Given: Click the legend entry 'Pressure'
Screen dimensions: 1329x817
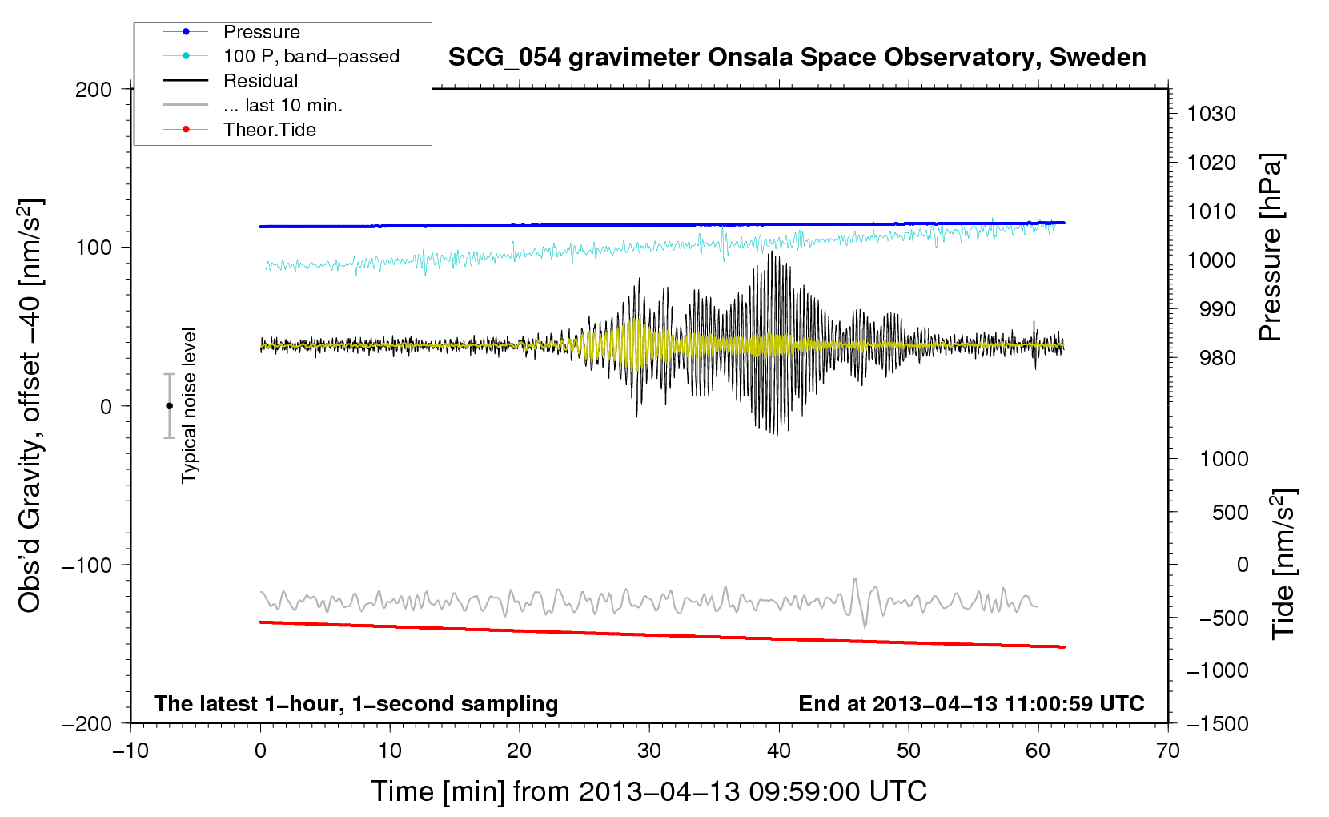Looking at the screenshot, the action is click(262, 32).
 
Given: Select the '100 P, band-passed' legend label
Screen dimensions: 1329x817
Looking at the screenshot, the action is click(311, 56).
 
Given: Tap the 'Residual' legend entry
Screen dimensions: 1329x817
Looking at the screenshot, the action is click(260, 81).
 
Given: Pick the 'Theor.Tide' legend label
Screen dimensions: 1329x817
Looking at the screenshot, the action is click(269, 130).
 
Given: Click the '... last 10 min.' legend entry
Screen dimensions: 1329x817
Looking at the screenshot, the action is click(283, 105).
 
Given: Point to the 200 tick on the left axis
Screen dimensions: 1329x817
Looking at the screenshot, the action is click(94, 90).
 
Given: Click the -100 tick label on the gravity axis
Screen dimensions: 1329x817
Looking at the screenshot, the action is click(87, 565).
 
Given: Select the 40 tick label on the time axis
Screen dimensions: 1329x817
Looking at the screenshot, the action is click(778, 751).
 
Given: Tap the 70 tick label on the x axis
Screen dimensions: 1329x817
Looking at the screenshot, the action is click(1167, 751).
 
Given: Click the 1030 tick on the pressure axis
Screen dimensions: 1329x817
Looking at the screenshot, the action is click(1211, 114).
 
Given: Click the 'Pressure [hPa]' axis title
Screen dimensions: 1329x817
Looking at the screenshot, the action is click(1271, 248).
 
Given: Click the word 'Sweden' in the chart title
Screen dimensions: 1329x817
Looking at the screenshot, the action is click(1098, 58).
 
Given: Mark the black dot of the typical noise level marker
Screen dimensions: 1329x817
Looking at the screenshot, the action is click(169, 406).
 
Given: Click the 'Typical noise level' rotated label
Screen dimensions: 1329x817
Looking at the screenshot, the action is click(189, 405).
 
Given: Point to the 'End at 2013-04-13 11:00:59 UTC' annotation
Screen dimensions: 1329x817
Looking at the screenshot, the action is click(971, 703).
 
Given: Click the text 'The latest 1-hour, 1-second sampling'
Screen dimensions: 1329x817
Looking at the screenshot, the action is click(356, 704).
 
